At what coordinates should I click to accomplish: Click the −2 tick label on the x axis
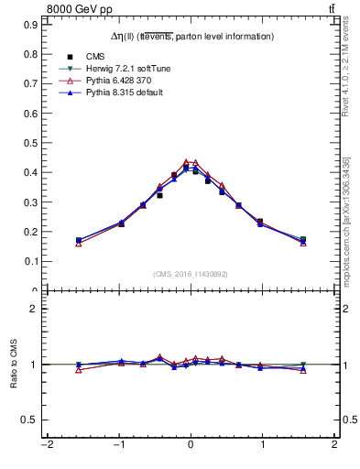(47, 445)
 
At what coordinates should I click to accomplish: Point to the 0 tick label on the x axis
(191, 445)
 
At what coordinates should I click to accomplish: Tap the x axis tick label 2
(334, 445)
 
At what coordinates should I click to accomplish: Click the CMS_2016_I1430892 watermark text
(191, 273)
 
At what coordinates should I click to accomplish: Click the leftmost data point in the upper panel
(79, 241)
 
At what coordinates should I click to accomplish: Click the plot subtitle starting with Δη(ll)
(190, 37)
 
